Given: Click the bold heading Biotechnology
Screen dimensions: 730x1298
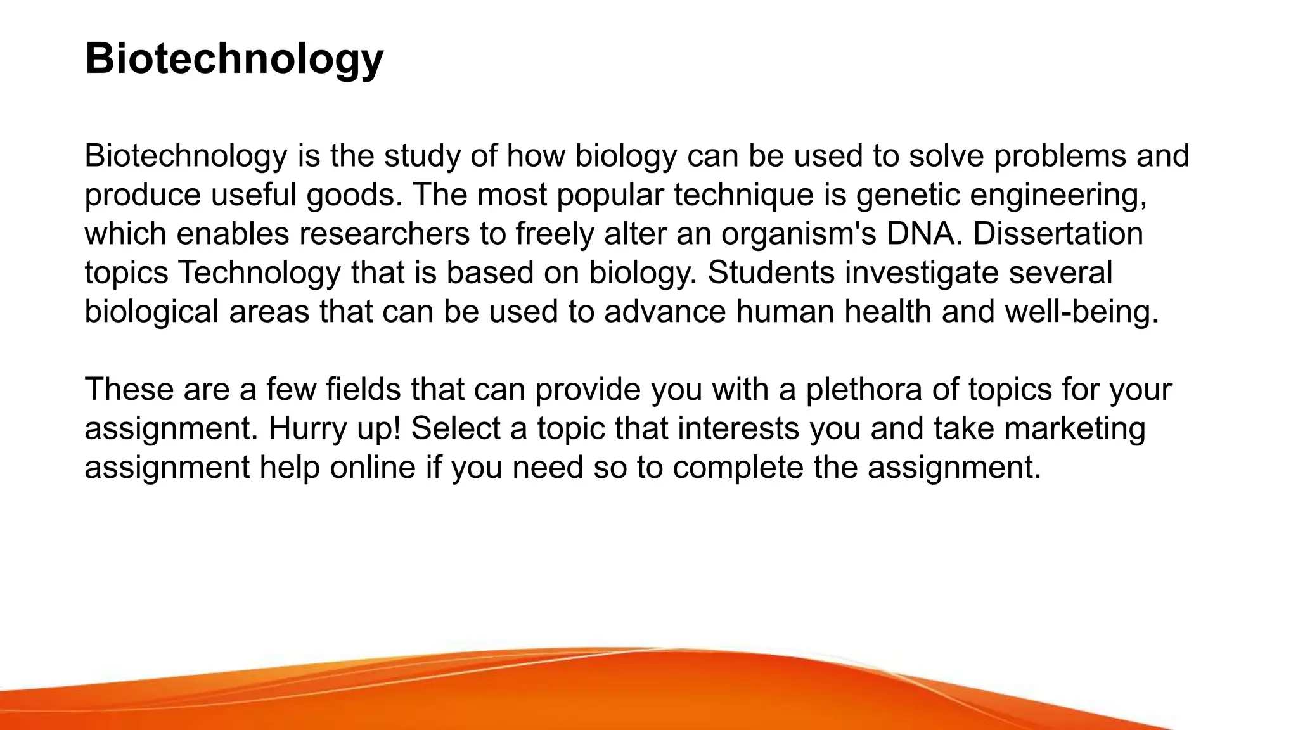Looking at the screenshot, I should (x=234, y=58).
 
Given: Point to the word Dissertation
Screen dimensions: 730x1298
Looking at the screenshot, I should (x=1058, y=233).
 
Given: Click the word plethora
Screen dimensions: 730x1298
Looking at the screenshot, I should (x=864, y=389).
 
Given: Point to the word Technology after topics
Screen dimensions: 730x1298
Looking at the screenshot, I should (x=259, y=272).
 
